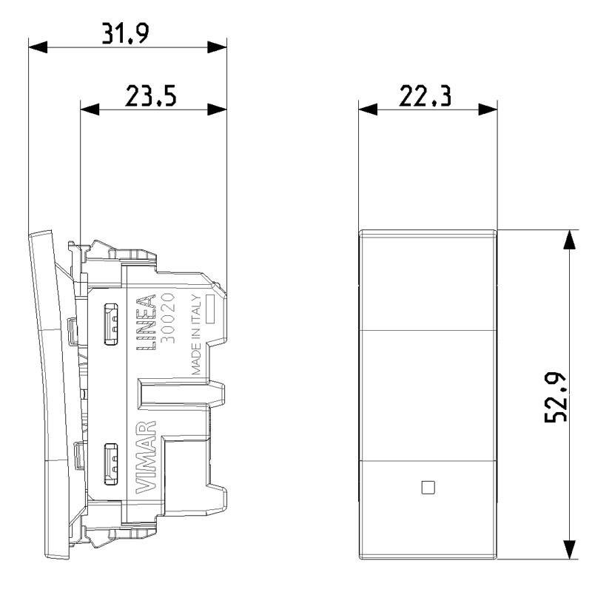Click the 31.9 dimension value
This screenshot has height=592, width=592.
click(x=126, y=33)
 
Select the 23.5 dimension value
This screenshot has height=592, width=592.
click(x=151, y=95)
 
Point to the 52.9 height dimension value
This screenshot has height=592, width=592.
click(x=556, y=397)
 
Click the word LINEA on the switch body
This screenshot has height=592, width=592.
click(x=146, y=322)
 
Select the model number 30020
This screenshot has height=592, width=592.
click(x=168, y=317)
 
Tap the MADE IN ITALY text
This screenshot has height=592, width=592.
click(x=196, y=334)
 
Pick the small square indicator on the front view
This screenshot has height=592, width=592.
click(x=428, y=487)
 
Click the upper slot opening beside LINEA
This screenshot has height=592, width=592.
click(x=111, y=323)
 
